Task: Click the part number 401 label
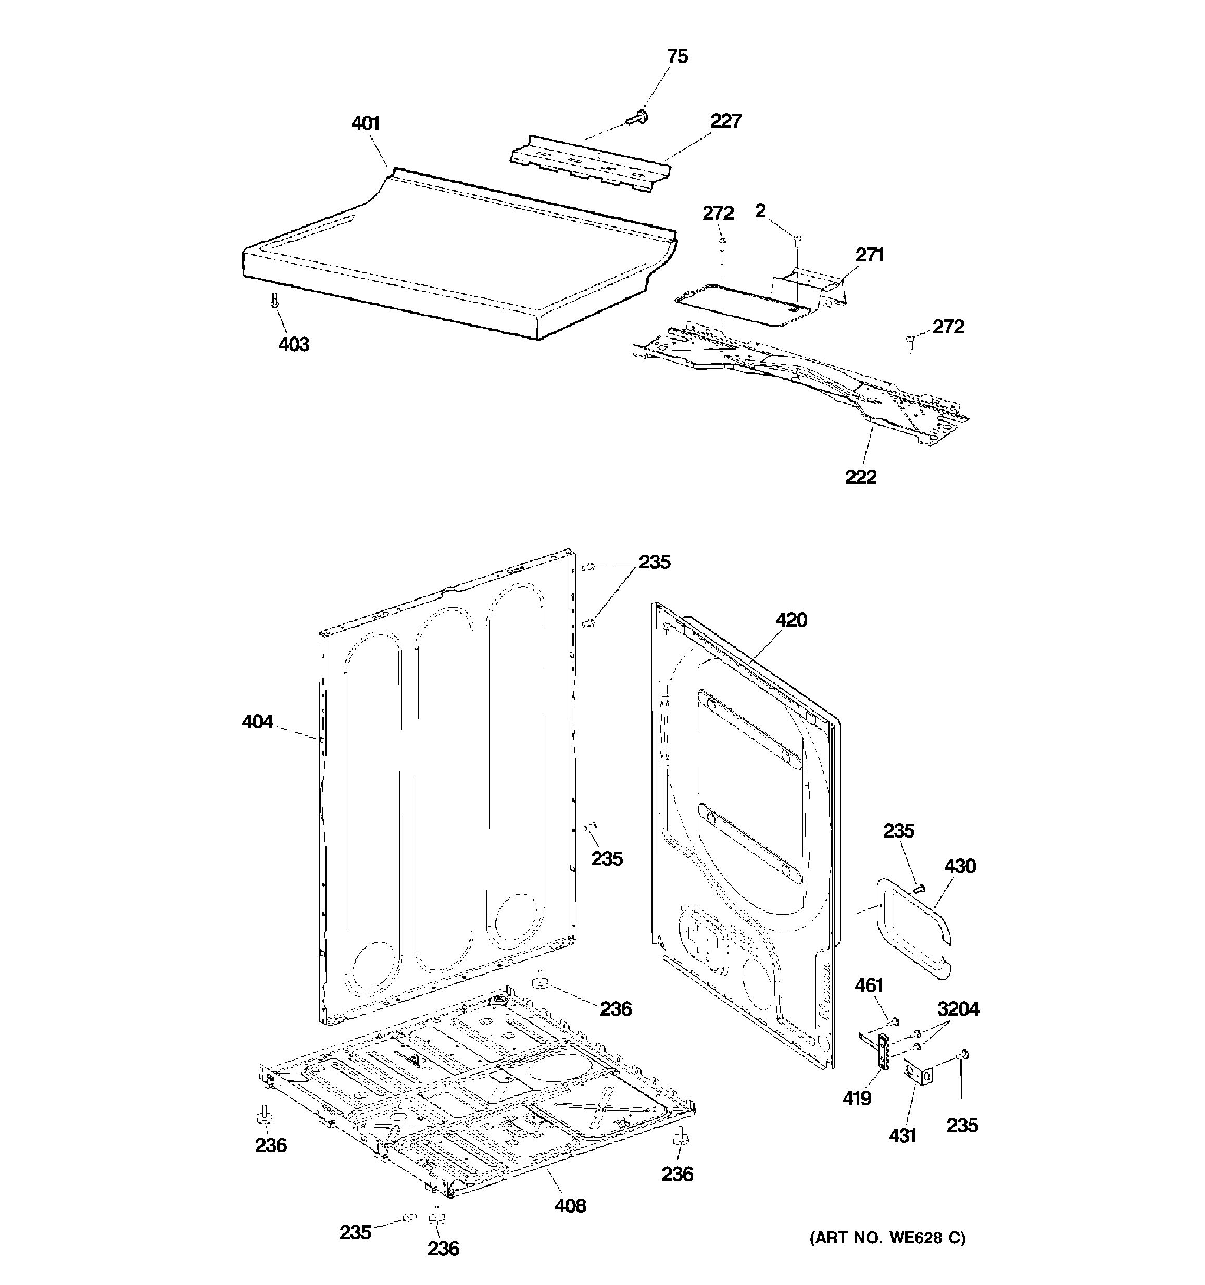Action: point(365,123)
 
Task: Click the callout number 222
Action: point(861,477)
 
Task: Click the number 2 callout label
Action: point(760,211)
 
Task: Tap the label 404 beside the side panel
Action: point(257,721)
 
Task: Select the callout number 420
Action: point(791,620)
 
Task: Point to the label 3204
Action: point(958,1009)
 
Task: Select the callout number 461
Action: point(869,985)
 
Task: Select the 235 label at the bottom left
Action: point(355,1232)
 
